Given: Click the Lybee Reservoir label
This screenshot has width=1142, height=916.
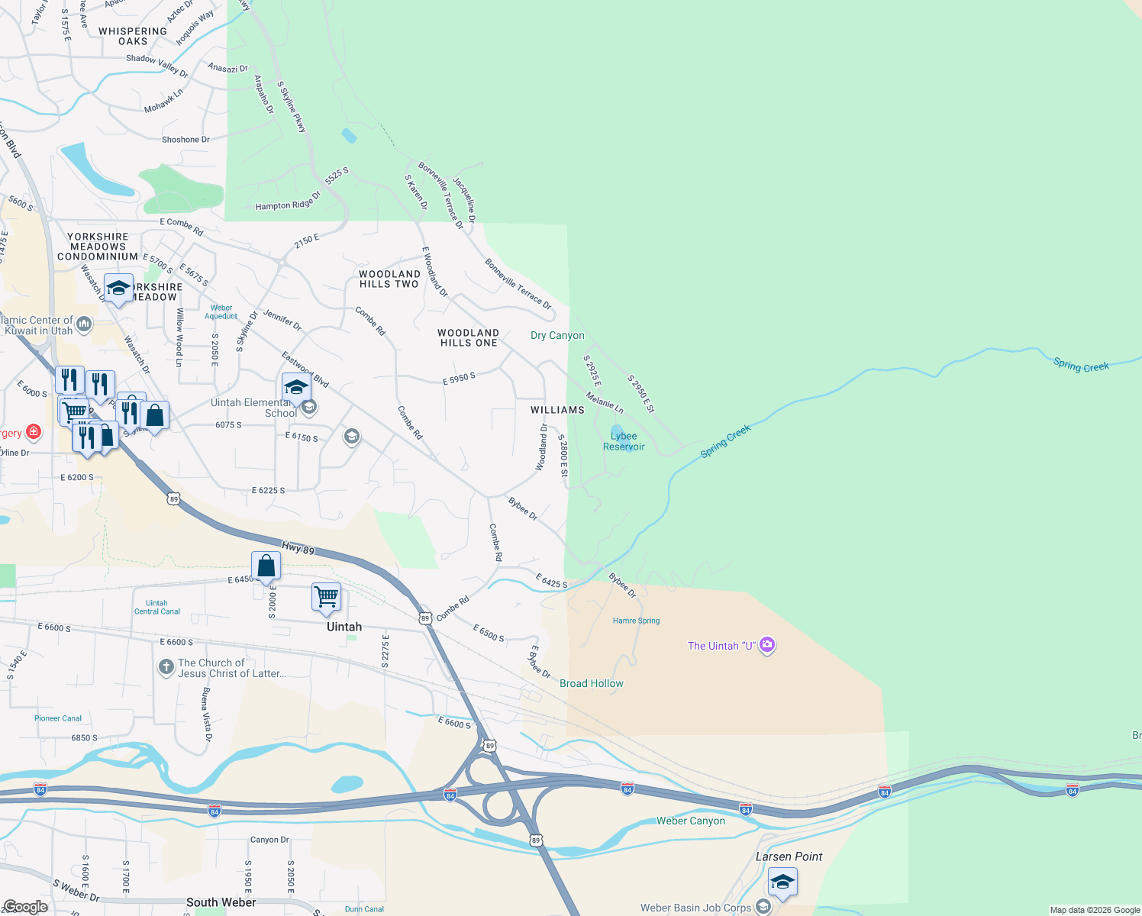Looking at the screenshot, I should [624, 441].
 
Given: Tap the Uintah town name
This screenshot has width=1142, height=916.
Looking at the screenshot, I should [344, 627].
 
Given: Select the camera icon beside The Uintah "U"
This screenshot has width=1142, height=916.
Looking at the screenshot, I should [767, 645].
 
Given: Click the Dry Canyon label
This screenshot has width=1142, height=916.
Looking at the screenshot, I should [557, 335].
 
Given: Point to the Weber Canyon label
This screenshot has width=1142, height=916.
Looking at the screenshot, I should [691, 821].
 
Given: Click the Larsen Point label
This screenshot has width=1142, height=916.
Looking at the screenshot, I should [789, 856].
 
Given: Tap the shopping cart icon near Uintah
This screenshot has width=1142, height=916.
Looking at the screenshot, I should [326, 597].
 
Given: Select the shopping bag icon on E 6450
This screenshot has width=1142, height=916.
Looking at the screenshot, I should [266, 566].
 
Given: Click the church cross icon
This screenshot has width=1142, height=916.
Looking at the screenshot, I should [166, 667].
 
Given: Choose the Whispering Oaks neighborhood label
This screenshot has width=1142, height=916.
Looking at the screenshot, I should [132, 36].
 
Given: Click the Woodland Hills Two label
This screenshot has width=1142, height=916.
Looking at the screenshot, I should [389, 279].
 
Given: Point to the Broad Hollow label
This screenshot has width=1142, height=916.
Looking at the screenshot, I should [592, 683].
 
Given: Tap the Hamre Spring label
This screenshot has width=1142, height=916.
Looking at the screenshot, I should [636, 621].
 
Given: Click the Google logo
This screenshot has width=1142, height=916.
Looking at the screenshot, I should [25, 906].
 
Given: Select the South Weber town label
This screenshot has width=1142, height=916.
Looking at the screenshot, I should [221, 902].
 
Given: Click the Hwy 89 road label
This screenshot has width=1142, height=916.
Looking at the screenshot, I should [298, 548].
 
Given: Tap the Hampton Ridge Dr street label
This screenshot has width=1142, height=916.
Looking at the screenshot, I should [288, 202].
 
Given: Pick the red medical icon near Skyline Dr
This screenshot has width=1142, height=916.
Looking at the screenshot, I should [33, 432].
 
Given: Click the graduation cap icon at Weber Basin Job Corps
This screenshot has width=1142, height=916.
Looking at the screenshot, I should [782, 882].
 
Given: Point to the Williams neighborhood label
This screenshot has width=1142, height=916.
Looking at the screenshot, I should [557, 410].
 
